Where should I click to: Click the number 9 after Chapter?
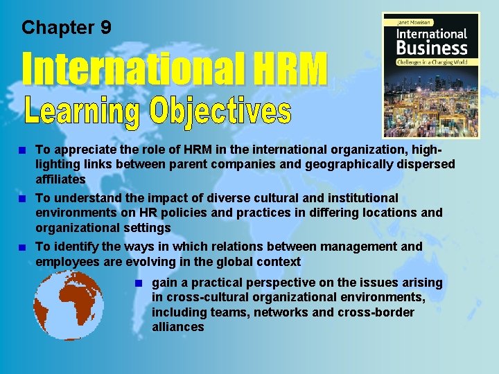click(105, 28)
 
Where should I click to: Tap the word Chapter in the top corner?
click(58, 28)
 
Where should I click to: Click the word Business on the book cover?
click(431, 48)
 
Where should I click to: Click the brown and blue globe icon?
click(69, 305)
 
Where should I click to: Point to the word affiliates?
click(61, 179)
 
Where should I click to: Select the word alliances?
click(178, 326)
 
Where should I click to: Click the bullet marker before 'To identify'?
click(24, 247)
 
